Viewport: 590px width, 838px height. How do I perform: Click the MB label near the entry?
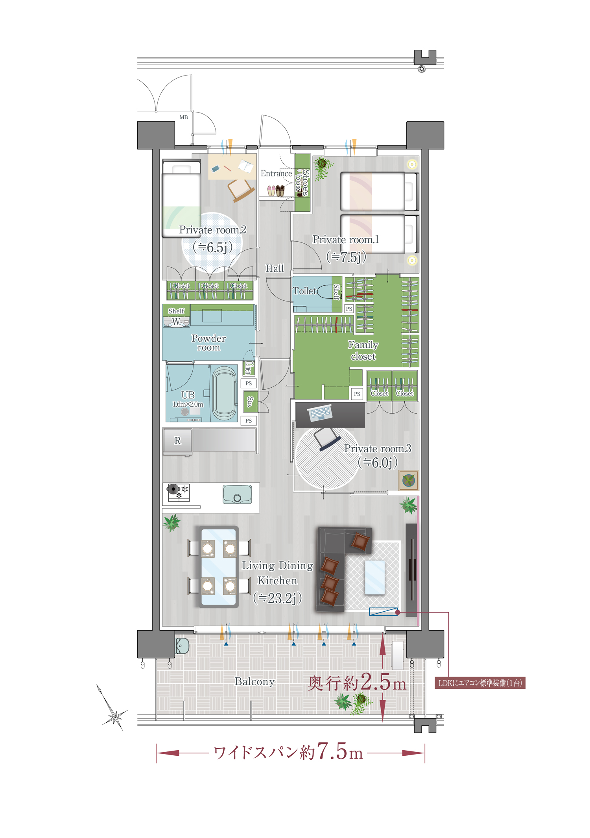coord(184,117)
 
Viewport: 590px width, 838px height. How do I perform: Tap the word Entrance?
coord(276,174)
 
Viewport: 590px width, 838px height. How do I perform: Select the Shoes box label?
coord(302,183)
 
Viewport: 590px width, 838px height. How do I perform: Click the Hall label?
coord(275,268)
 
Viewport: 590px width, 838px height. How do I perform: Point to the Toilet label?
coord(304,291)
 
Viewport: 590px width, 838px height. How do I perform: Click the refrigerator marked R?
coord(177,441)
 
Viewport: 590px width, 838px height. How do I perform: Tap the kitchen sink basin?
coord(237,494)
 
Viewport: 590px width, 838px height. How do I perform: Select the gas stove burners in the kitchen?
coord(179,492)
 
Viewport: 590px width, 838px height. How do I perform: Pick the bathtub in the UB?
coord(225,394)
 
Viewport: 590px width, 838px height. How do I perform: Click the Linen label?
coord(248,368)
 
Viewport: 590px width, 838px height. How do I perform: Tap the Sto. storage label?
coord(250,401)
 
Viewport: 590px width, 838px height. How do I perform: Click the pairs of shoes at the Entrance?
coord(276,191)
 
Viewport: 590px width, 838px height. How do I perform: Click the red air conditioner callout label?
coord(480,683)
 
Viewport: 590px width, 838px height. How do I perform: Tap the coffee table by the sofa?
coord(375,577)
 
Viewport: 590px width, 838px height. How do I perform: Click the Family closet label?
coord(363,351)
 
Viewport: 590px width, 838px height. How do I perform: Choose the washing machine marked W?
coord(176,322)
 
